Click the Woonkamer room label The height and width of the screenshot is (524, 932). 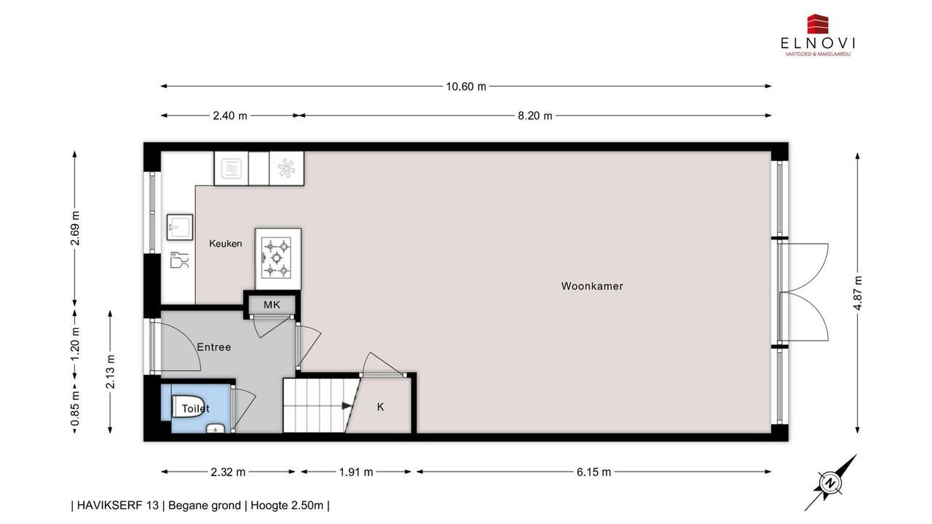point(592,286)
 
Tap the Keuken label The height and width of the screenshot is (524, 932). point(226,244)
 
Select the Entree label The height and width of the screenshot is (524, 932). point(214,347)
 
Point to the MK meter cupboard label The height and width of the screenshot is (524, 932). point(272,305)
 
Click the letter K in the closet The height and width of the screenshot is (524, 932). point(380,407)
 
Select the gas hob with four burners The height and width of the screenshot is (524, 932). point(277,258)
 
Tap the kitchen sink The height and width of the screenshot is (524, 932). point(180,227)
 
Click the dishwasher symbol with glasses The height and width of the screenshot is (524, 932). point(180,260)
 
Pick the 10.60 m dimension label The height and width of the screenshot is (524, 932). point(466,87)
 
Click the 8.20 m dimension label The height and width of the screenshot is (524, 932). point(535,116)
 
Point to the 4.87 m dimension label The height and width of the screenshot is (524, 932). point(857,293)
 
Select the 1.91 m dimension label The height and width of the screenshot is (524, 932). point(356,472)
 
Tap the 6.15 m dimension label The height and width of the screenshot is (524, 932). point(593,472)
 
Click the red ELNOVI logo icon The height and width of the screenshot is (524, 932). point(818,24)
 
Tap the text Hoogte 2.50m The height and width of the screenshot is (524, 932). point(287,505)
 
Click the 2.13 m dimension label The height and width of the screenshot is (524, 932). point(110,371)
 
